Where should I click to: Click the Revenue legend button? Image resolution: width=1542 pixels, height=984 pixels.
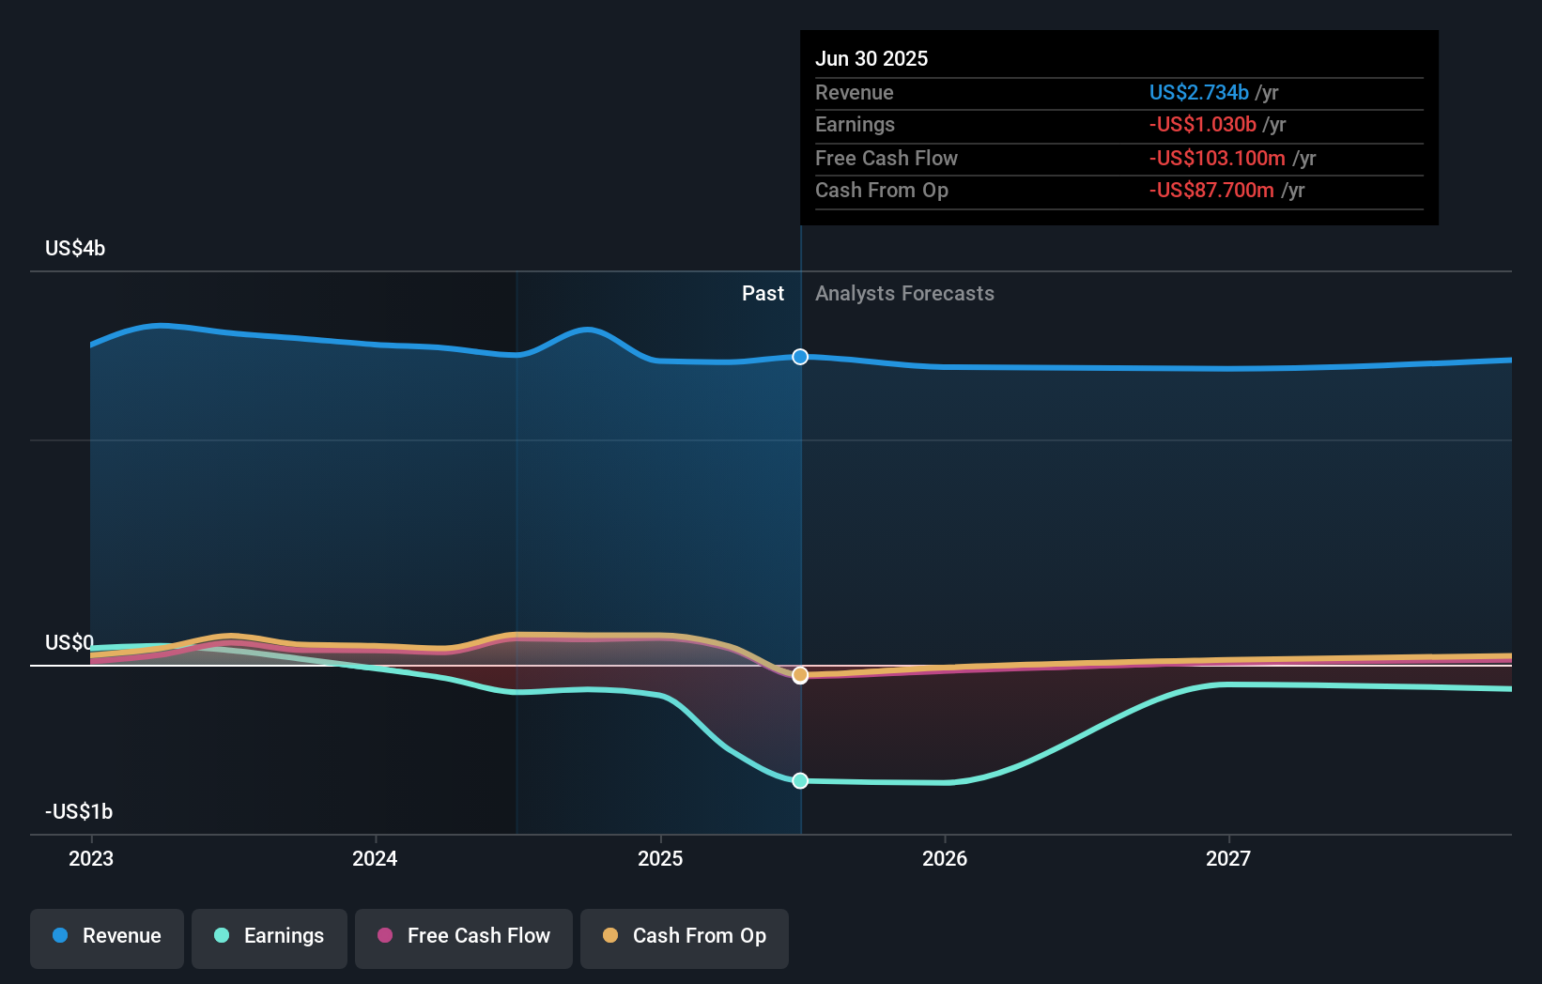107,936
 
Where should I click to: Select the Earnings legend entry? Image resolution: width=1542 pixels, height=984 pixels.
270,936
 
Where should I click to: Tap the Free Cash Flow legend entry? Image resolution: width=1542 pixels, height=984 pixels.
464,936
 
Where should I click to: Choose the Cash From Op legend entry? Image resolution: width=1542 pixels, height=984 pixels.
685,936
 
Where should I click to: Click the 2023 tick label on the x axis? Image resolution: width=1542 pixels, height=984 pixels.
91,858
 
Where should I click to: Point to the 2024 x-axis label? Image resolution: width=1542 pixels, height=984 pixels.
375,858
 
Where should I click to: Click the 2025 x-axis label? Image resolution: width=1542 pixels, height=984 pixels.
660,858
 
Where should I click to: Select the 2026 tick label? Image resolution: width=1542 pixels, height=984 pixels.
945,858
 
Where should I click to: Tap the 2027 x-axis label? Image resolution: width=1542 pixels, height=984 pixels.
1228,858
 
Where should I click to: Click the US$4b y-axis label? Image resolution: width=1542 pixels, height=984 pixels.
75,249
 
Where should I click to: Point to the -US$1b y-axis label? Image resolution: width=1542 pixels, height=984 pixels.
79,811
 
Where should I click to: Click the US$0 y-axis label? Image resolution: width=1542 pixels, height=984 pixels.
69,643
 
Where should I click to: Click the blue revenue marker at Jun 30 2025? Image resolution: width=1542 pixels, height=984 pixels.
800,357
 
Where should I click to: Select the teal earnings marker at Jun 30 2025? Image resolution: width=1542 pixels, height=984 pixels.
800,780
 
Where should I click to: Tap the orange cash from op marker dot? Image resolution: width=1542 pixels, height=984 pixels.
800,675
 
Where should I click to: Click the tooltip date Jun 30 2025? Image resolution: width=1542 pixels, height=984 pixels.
871,59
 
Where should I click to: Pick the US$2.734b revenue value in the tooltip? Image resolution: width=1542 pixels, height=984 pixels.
1198,93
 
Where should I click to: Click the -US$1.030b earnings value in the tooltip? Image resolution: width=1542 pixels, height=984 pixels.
1202,125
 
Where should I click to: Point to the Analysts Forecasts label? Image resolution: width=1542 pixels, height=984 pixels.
904,294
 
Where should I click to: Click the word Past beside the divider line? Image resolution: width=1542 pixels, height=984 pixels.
763,294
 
